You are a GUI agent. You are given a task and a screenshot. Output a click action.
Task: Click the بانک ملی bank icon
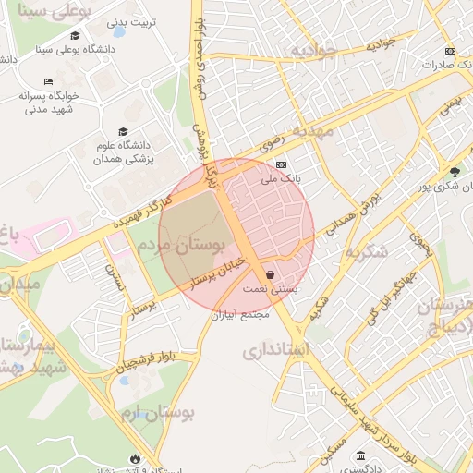281,164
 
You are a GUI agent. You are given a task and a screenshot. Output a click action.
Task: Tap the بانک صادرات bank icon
450,52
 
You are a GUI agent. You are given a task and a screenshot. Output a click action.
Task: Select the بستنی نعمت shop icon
269,275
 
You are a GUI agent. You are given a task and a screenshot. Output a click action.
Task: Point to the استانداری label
276,351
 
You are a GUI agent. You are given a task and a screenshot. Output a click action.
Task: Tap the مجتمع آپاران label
239,314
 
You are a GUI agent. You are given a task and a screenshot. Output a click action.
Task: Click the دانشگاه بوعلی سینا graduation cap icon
75,36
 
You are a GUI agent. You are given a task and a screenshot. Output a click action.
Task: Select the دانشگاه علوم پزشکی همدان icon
123,132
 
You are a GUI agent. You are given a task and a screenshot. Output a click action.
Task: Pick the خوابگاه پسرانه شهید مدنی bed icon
48,82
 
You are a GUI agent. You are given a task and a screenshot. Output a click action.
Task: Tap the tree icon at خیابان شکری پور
455,172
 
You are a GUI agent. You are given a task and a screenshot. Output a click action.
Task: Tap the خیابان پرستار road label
219,275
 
